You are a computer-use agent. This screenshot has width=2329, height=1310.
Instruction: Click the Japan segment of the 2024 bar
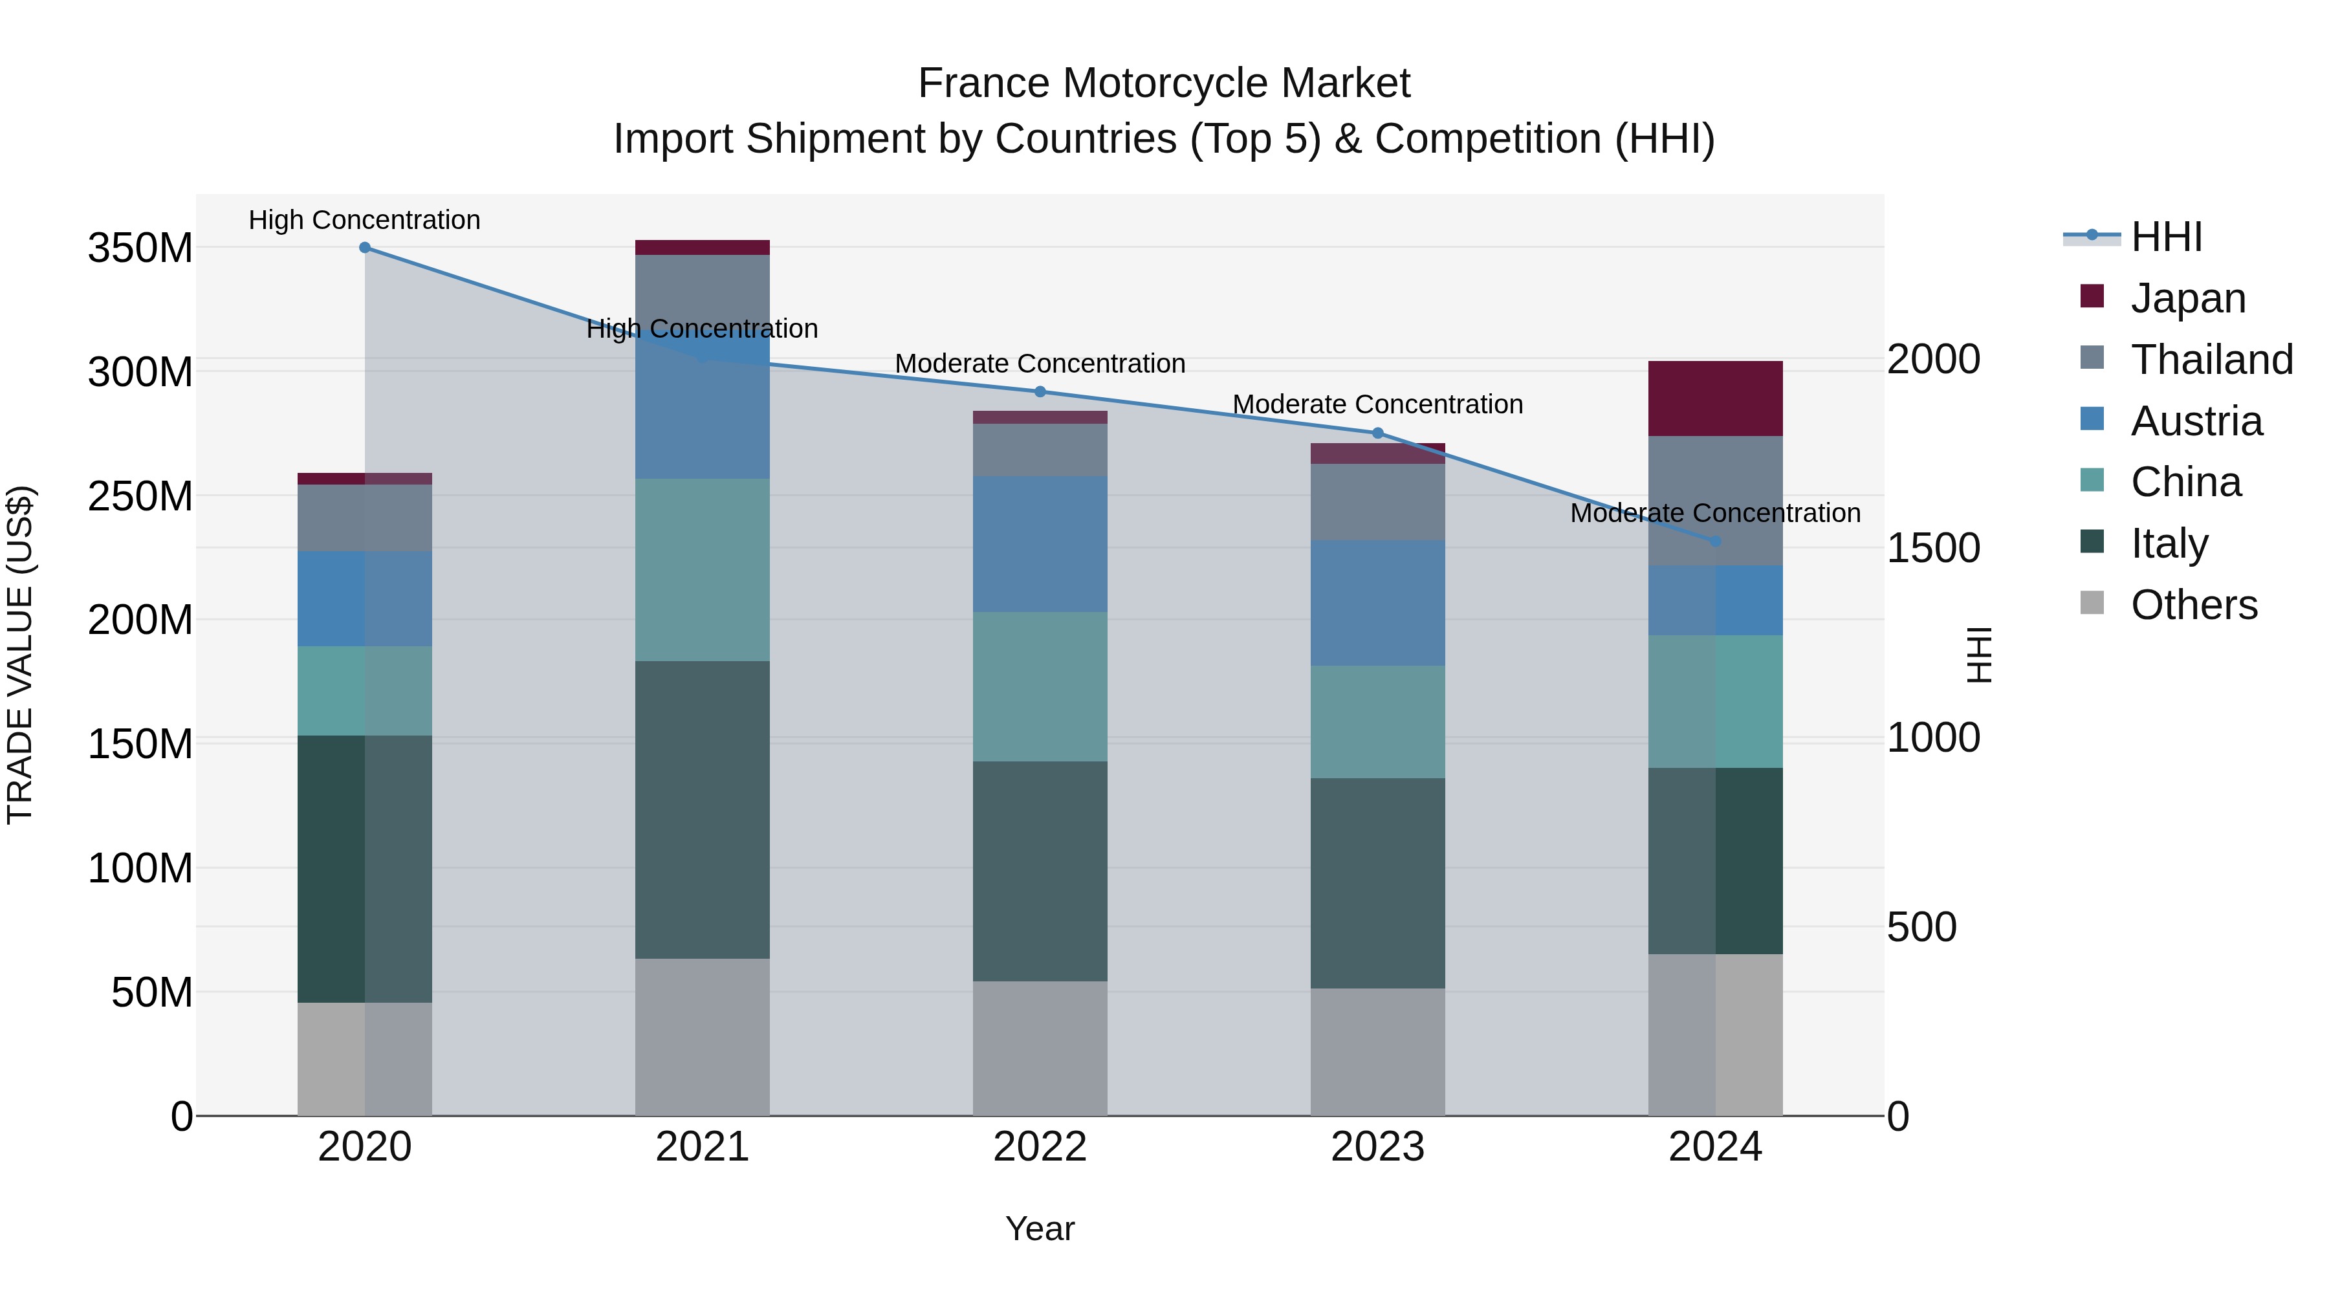point(1715,398)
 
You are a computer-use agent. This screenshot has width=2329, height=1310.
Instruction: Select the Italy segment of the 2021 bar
point(703,809)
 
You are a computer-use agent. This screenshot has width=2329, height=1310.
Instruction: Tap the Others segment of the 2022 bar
point(1040,1048)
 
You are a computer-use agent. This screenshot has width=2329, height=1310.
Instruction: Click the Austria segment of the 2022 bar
point(1040,543)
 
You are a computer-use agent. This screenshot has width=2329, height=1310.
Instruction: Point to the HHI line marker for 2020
point(366,248)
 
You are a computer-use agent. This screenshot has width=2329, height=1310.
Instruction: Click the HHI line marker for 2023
point(1378,433)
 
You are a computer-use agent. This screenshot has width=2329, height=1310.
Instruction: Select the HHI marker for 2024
point(1715,541)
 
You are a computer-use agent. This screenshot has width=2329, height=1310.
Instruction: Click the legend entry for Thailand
point(2211,360)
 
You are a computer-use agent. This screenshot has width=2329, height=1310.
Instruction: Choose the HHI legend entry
point(2165,237)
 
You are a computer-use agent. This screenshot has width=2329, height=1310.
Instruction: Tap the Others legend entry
point(2193,605)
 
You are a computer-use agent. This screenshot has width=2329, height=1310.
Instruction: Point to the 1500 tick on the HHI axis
point(1933,548)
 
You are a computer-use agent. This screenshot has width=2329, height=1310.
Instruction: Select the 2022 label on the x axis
point(1040,1147)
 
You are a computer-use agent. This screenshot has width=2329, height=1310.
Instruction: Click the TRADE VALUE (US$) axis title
point(20,655)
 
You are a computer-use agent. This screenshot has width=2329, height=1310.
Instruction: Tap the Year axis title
point(1040,1228)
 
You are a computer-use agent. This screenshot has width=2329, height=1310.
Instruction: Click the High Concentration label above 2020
point(364,220)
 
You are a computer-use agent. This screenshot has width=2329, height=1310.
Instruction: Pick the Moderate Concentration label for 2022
point(1040,364)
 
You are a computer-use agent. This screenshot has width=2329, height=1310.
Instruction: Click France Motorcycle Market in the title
point(1164,83)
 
